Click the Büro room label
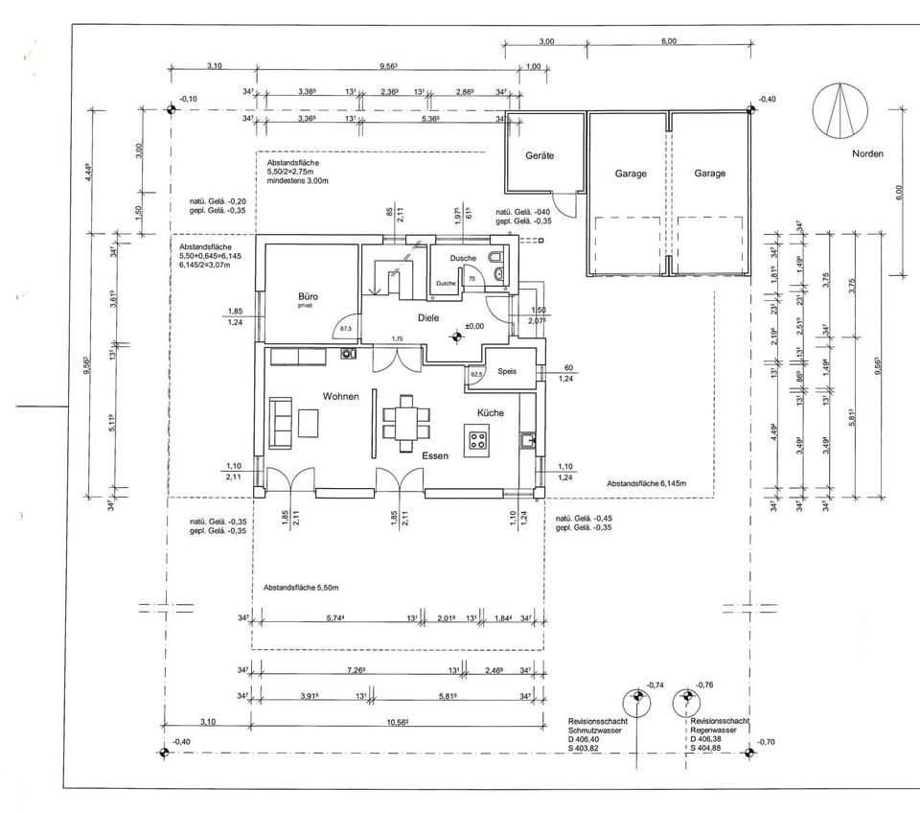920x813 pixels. (308, 297)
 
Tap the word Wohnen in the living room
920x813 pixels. (340, 395)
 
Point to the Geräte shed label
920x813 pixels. (540, 155)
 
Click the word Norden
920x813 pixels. (867, 153)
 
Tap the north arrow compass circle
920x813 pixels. (837, 110)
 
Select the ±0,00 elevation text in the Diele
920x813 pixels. (475, 327)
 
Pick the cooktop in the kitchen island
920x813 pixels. (477, 441)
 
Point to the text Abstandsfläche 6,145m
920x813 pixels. (646, 484)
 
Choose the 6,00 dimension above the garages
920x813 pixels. (669, 41)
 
